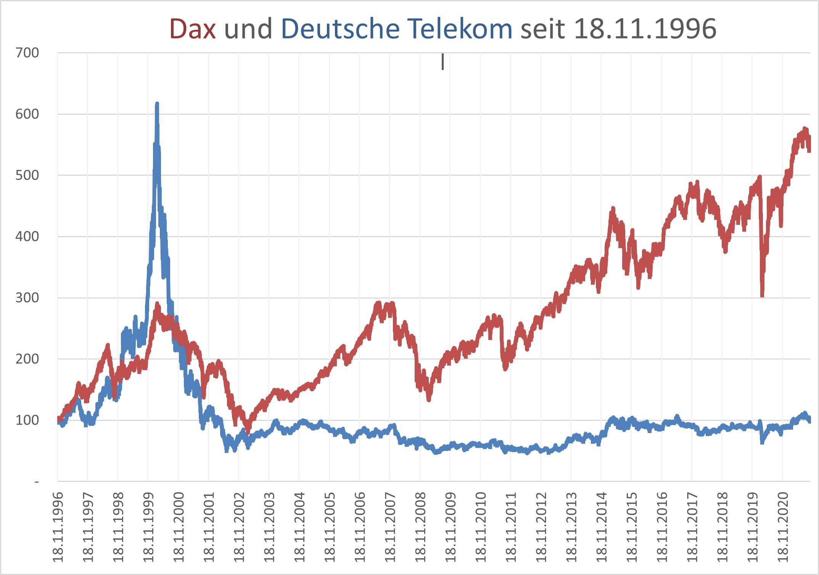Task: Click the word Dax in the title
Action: [x=192, y=29]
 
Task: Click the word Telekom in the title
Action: [x=459, y=29]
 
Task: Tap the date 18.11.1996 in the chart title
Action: [x=645, y=29]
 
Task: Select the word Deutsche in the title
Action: [x=340, y=29]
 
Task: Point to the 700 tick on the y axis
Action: [x=27, y=53]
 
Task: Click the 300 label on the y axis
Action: [x=27, y=298]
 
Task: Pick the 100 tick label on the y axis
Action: [x=27, y=420]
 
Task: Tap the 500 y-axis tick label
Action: [x=27, y=175]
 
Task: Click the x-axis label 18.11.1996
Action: [x=58, y=527]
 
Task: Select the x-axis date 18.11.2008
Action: [x=420, y=527]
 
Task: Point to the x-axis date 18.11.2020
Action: [x=783, y=527]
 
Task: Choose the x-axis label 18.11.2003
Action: [x=269, y=527]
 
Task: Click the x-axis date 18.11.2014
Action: [x=602, y=527]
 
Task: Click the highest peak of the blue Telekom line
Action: [x=157, y=104]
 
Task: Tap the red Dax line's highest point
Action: [x=805, y=129]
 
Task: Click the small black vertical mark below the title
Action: [x=442, y=62]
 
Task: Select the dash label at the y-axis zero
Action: [x=37, y=482]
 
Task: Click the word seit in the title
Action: [x=542, y=29]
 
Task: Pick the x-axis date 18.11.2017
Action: [x=692, y=527]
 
